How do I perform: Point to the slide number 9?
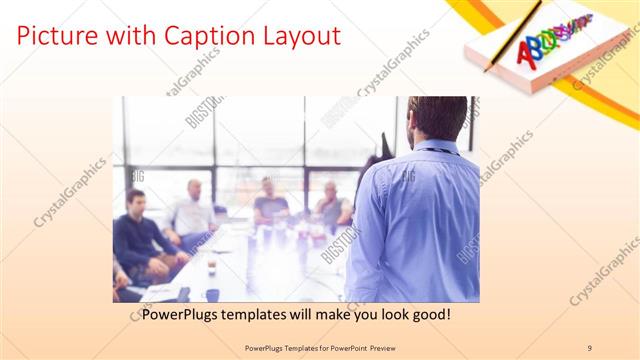589,347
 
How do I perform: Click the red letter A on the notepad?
523,53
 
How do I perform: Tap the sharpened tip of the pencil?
487,71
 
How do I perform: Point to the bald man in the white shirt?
192,210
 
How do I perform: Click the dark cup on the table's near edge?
212,294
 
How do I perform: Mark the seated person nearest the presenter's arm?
331,207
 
